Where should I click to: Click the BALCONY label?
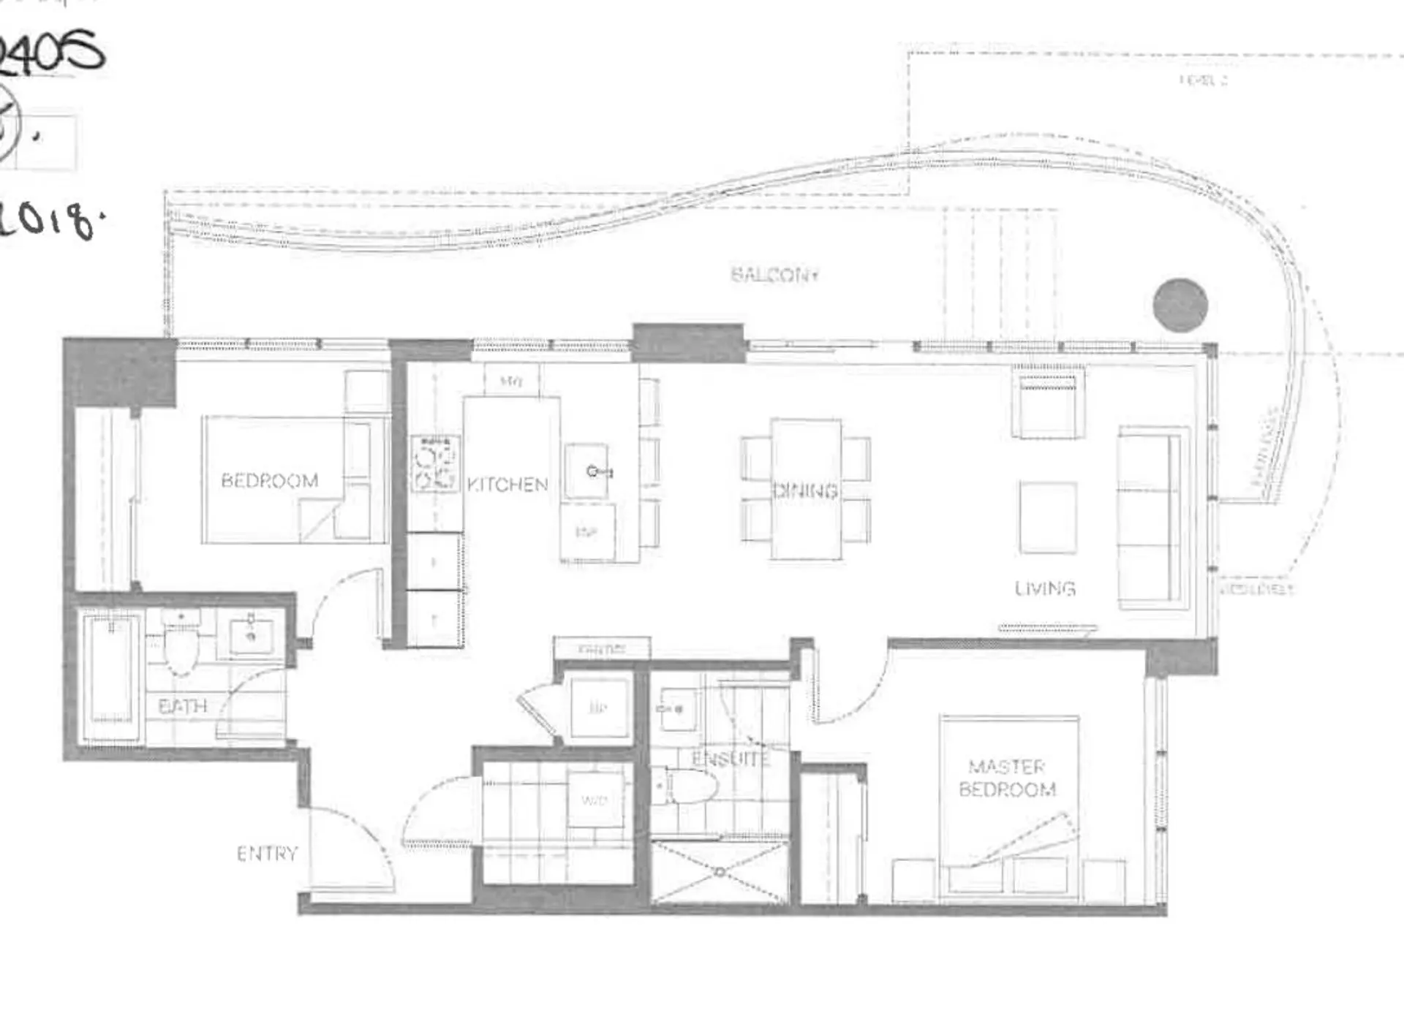tap(774, 275)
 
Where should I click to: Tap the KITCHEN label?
tap(507, 485)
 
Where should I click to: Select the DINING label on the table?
tap(805, 490)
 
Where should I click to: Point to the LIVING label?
tap(1044, 589)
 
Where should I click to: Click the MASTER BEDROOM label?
tap(1007, 778)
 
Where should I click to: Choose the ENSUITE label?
tap(731, 759)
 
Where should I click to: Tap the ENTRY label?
tap(268, 854)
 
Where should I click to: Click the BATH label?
tap(183, 707)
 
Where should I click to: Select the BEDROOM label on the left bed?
tap(270, 481)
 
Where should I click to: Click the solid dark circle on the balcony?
tap(1180, 306)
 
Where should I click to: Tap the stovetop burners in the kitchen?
tap(434, 463)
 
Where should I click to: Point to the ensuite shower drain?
tap(720, 872)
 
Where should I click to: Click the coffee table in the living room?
tap(1048, 517)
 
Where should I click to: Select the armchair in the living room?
tap(1047, 405)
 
